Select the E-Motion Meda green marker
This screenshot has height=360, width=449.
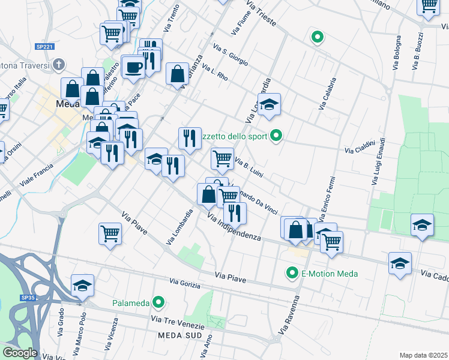pos(292,274)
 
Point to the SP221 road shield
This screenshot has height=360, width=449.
pos(43,46)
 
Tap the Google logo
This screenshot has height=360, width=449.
pos(20,353)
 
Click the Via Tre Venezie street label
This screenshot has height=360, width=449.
pos(178,322)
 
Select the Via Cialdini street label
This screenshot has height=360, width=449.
pos(360,146)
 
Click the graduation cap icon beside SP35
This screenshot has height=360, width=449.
pos(82,286)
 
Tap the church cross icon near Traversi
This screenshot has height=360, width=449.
pos(58,64)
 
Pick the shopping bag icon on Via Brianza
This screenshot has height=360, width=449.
pos(178,74)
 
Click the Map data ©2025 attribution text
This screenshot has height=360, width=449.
pos(424,355)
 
